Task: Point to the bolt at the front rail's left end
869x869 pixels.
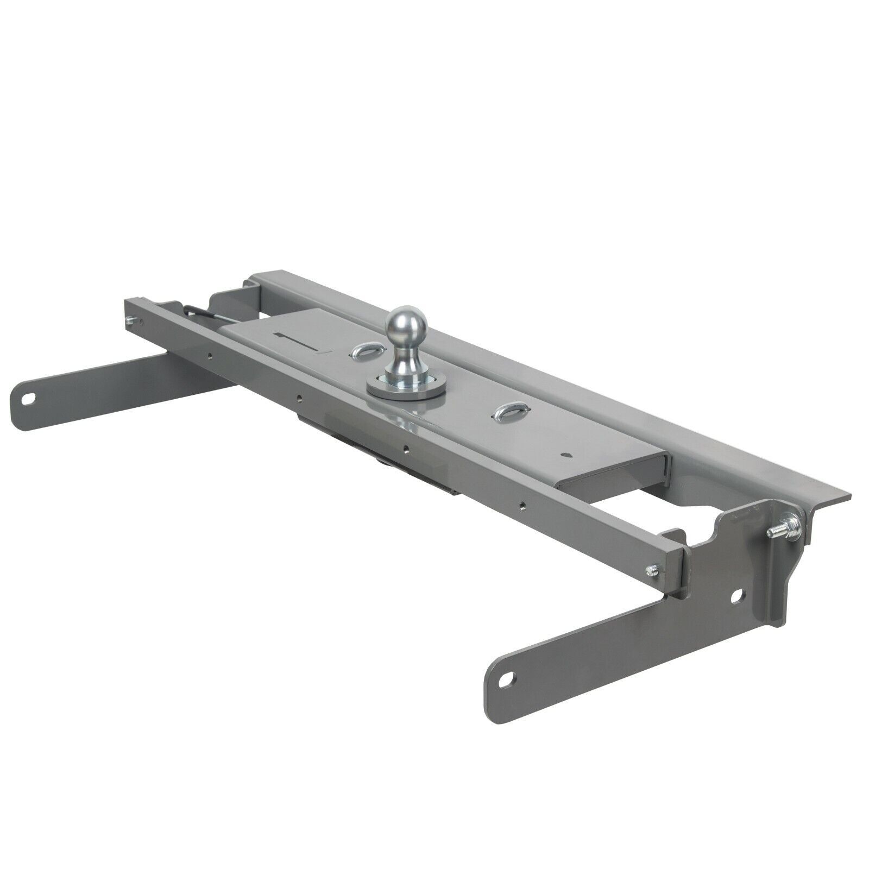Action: pyautogui.click(x=129, y=320)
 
